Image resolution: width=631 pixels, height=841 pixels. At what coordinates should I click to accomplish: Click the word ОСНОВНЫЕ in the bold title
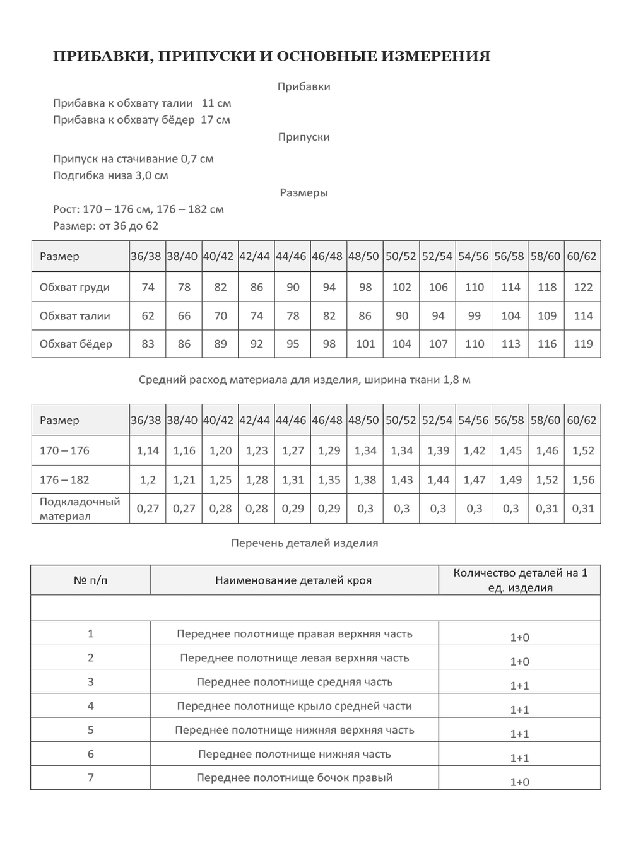click(x=324, y=56)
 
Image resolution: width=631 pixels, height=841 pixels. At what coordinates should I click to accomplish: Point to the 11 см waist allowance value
click(x=216, y=103)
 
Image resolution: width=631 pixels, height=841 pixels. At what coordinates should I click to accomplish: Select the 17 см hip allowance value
click(x=215, y=119)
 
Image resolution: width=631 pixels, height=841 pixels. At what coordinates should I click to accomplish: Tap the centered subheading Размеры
click(x=304, y=192)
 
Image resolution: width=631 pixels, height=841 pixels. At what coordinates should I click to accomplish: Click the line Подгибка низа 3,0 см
click(x=110, y=175)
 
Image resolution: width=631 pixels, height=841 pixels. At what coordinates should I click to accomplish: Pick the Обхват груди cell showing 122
click(x=583, y=287)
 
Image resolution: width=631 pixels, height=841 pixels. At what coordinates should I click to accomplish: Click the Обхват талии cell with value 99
click(x=475, y=315)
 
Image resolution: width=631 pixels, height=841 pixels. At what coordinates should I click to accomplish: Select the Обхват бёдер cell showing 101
click(x=365, y=344)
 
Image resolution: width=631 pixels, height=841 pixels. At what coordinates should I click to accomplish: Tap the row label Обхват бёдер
click(x=76, y=344)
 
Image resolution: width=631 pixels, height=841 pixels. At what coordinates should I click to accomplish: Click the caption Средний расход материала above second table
click(x=304, y=380)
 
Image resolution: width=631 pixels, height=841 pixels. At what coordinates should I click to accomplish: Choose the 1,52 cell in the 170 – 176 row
click(x=583, y=450)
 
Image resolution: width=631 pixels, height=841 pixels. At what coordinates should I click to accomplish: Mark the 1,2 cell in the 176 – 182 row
click(x=148, y=479)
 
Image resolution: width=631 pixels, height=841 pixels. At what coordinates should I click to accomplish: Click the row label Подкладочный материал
click(x=80, y=509)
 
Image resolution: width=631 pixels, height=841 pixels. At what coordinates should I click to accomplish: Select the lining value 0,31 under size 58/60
click(x=547, y=509)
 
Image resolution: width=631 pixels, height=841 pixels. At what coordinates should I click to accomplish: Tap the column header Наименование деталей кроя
click(x=293, y=580)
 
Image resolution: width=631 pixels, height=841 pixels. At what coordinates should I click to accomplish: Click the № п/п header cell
click(x=91, y=580)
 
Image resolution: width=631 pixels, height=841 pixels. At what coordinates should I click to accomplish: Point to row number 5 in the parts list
click(x=91, y=730)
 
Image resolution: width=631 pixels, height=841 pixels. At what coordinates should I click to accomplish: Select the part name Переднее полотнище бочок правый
click(x=294, y=778)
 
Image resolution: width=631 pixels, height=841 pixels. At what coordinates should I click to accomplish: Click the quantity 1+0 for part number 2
click(x=519, y=661)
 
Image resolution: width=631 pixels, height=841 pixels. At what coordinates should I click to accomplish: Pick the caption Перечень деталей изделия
click(x=304, y=543)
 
